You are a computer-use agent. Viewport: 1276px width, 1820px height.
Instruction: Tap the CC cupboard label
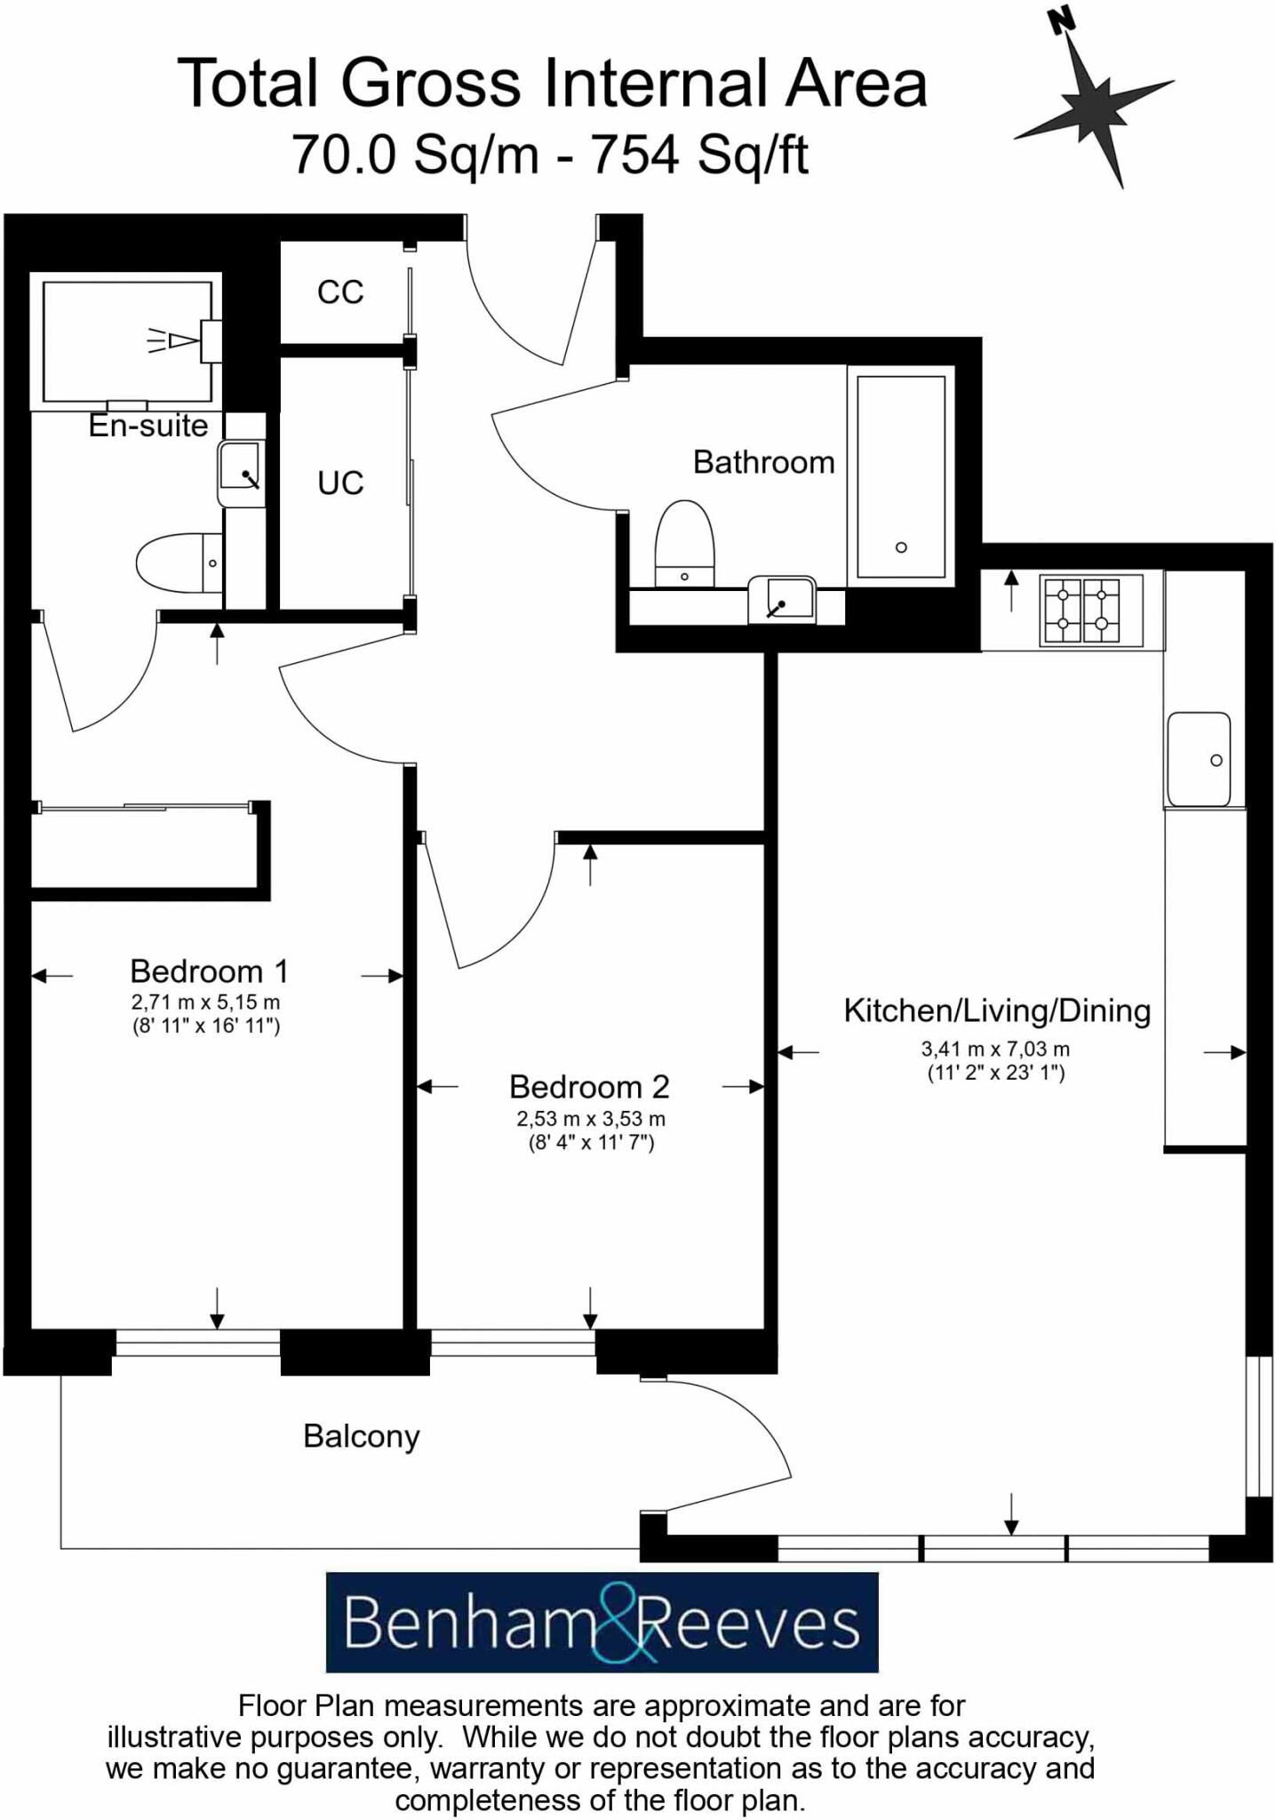(x=340, y=291)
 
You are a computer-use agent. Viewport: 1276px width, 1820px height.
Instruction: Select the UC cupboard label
(x=340, y=483)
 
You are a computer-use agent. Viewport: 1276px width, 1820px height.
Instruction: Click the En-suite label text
(x=148, y=426)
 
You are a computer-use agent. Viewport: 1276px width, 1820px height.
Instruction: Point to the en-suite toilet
(x=178, y=563)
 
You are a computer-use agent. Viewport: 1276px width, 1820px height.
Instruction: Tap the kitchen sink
(x=1199, y=758)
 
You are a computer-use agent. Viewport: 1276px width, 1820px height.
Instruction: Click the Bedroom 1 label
(x=209, y=970)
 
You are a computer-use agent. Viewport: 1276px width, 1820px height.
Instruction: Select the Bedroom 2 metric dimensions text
(x=591, y=1119)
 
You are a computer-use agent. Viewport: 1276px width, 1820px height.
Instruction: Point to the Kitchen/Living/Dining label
(x=996, y=1010)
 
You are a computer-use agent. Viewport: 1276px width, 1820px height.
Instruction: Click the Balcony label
(x=361, y=1436)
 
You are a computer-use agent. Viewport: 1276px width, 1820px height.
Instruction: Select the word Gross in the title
(x=430, y=84)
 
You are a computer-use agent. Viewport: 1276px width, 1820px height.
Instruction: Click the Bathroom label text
(x=763, y=462)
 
